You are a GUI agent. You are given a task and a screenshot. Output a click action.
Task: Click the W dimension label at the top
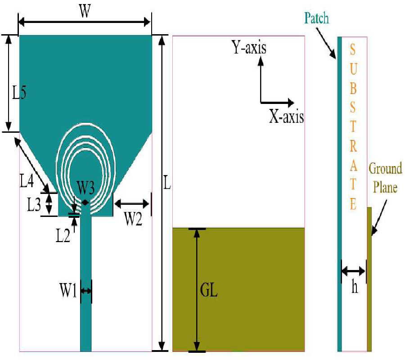pos(83,12)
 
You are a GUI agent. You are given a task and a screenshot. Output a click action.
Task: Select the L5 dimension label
pos(19,93)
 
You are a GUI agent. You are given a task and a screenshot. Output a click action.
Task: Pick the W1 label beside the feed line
pos(69,291)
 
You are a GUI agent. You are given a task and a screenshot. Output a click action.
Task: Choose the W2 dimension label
pos(134,219)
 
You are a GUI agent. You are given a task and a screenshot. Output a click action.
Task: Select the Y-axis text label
pos(249,47)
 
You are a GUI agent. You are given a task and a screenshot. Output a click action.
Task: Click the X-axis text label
pos(286,117)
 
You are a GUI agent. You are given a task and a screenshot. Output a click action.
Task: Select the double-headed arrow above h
pos(353,271)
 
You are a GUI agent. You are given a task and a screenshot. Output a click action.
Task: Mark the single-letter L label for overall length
pos(167,185)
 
